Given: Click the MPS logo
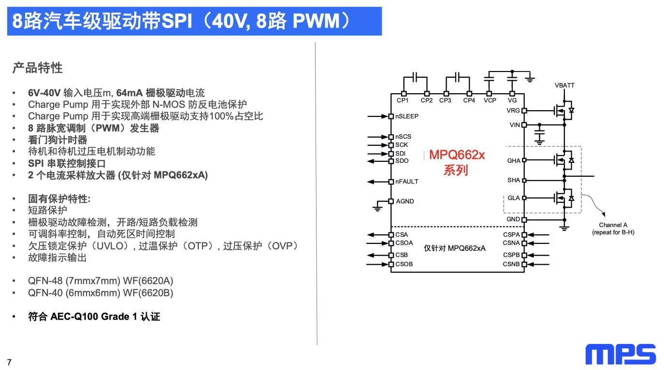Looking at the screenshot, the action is [x=621, y=354].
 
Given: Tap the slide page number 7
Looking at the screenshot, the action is [x=9, y=362].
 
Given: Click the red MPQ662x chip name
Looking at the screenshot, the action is [x=457, y=155].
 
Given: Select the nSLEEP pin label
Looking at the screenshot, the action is [x=407, y=116].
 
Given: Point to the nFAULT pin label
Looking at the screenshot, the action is [x=407, y=181].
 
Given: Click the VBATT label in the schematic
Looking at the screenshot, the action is [x=564, y=85].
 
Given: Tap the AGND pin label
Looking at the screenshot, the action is [x=405, y=201].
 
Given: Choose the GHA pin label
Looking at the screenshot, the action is [x=514, y=160].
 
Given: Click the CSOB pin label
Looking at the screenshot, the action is [x=404, y=264].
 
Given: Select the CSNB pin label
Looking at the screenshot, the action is [x=511, y=264].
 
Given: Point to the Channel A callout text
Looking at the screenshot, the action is [x=613, y=228].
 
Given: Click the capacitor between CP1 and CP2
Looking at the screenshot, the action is [x=415, y=77].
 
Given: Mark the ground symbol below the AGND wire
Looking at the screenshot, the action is [x=377, y=209].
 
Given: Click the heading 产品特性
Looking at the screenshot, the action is [x=37, y=68].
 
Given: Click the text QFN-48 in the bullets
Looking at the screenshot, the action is [x=45, y=281].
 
